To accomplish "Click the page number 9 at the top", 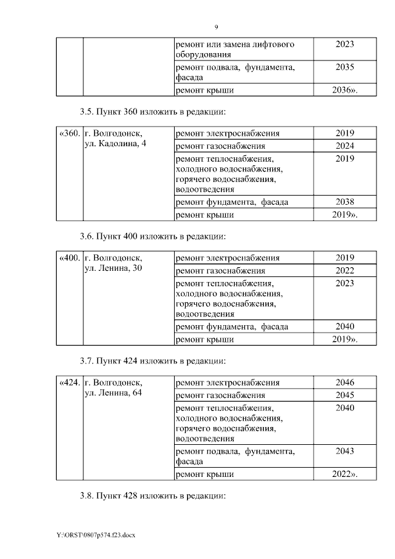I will tap(216, 27).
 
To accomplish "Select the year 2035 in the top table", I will tap(344, 67).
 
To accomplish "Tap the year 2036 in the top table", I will tap(344, 91).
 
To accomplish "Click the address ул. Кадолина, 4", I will tap(115, 144).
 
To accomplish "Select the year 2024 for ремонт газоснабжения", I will tap(344, 146).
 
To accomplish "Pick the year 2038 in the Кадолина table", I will tap(344, 202).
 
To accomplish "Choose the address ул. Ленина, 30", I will tap(114, 269).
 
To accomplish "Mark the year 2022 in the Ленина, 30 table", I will tap(344, 270).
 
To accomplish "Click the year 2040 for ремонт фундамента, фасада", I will tap(344, 326).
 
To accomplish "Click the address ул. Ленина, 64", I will tap(114, 394).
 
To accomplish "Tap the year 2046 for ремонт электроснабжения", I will tap(344, 383).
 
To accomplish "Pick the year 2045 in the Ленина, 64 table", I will tap(344, 395).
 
